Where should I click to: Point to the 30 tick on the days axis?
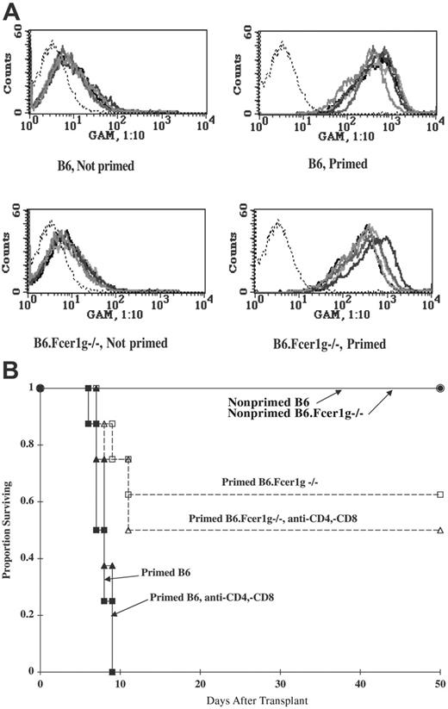point(280,681)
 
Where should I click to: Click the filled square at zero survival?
point(112,671)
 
